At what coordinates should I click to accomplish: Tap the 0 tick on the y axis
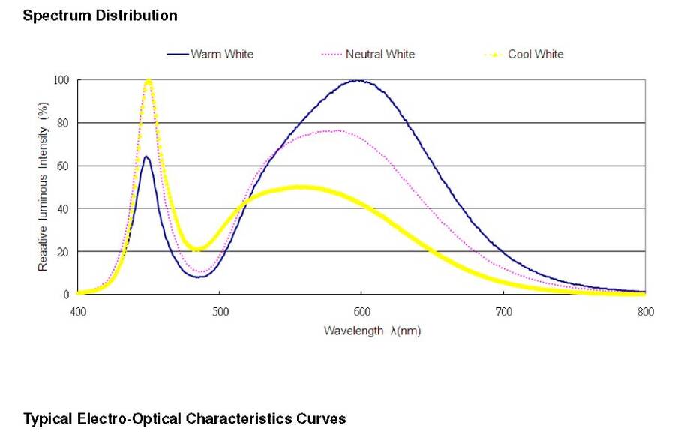click(x=67, y=294)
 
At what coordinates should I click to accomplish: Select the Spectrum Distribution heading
click(x=100, y=15)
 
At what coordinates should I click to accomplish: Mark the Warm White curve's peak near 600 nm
click(x=361, y=80)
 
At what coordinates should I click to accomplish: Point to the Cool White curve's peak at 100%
click(x=148, y=81)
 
